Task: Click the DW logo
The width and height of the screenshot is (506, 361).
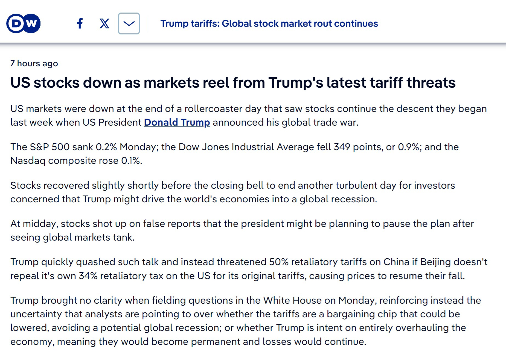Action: [24, 23]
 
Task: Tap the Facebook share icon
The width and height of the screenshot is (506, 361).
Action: [80, 23]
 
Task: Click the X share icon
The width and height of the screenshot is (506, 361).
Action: [104, 23]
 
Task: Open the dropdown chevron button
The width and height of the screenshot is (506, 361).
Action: [129, 23]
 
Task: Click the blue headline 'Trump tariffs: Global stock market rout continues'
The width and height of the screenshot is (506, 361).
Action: [269, 23]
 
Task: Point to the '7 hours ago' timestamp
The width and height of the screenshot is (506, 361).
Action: [34, 63]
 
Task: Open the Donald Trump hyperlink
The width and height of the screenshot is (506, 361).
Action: [177, 122]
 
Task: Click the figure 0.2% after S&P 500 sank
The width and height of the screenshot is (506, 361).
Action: [106, 147]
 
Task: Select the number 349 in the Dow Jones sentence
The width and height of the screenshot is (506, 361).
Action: [342, 147]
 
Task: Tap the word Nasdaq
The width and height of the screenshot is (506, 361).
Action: [28, 161]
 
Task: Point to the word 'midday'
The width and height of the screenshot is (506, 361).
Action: [40, 224]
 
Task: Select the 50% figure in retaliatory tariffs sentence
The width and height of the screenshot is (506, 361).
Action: [279, 262]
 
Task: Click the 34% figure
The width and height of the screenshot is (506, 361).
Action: [88, 276]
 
